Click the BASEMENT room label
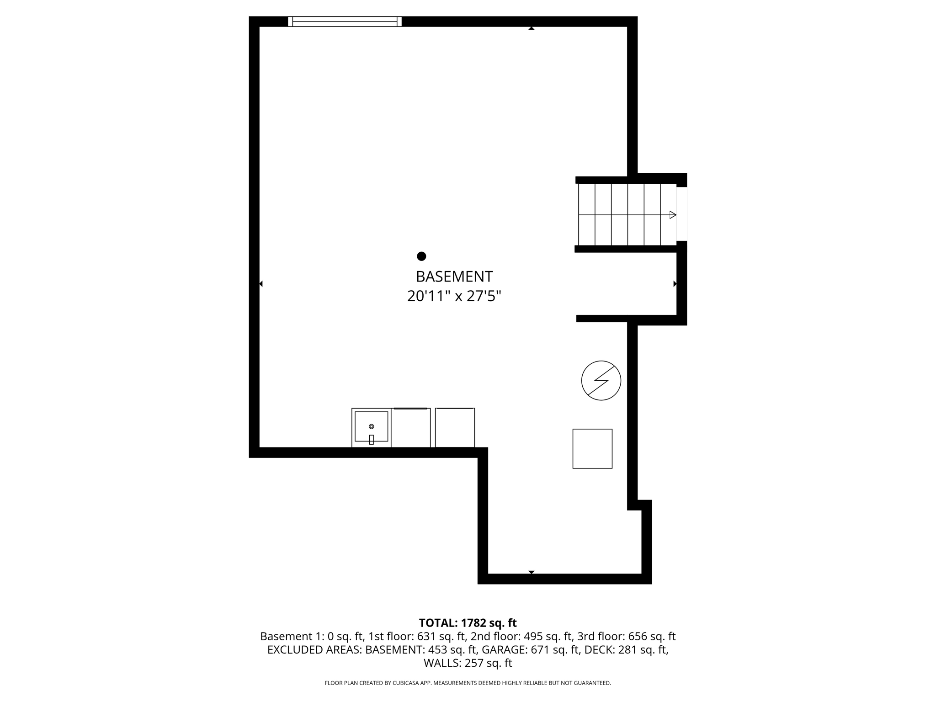[x=454, y=277]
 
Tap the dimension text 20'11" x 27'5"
[x=454, y=296]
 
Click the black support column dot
[x=421, y=256]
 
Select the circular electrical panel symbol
[x=601, y=381]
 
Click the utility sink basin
[x=371, y=426]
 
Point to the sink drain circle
[x=371, y=426]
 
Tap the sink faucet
[x=371, y=439]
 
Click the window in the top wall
[x=345, y=21]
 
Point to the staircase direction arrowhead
[x=672, y=215]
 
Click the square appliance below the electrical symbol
[x=592, y=448]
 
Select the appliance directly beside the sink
[x=411, y=428]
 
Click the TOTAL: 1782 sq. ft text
[x=468, y=623]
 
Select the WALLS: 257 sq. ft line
[x=468, y=663]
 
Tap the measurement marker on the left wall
[x=261, y=284]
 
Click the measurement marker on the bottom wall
[x=531, y=572]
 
